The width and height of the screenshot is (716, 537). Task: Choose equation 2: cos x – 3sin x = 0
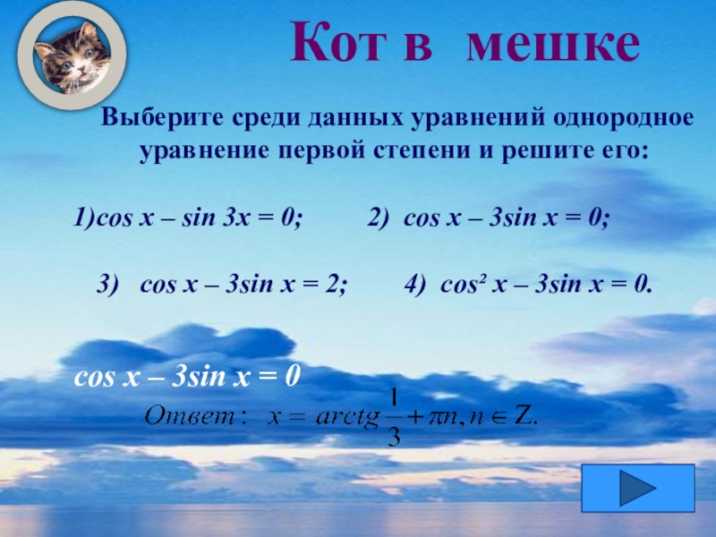point(489,217)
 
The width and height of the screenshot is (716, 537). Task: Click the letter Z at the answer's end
point(524,415)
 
